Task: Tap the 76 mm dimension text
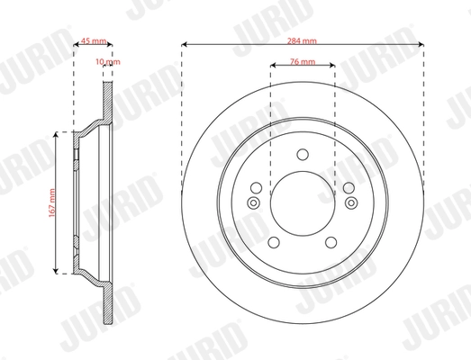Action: coord(302,60)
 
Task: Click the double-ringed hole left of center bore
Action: coord(253,202)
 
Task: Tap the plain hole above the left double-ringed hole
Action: coord(255,187)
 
